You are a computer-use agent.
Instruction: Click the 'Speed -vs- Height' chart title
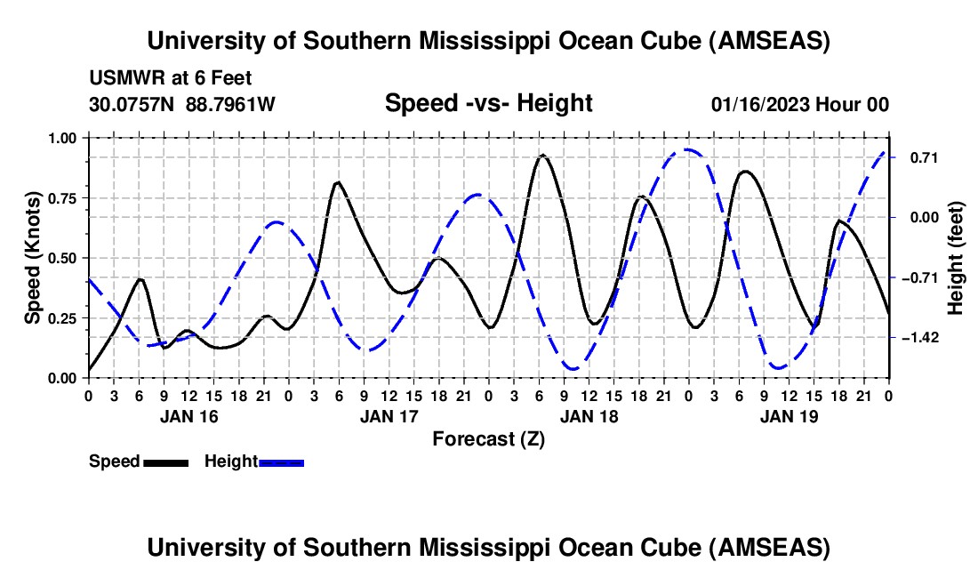(488, 103)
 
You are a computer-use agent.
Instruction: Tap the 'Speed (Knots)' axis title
(33, 257)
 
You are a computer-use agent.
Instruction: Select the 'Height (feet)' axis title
(956, 257)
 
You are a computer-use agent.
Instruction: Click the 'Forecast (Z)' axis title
(488, 438)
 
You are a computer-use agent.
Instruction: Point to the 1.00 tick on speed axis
(62, 138)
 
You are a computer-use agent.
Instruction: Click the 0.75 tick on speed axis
(62, 198)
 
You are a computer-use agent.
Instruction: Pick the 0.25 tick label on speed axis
(62, 318)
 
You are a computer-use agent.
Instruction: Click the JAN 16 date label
(188, 416)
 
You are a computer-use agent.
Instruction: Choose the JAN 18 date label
(589, 416)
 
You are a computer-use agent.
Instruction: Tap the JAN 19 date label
(789, 416)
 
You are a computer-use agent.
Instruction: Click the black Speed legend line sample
(166, 462)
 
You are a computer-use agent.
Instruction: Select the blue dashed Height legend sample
(281, 462)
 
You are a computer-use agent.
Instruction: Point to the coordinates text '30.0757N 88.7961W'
(182, 104)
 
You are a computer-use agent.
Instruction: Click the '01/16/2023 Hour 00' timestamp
(800, 104)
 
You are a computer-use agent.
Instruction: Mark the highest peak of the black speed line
(542, 156)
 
